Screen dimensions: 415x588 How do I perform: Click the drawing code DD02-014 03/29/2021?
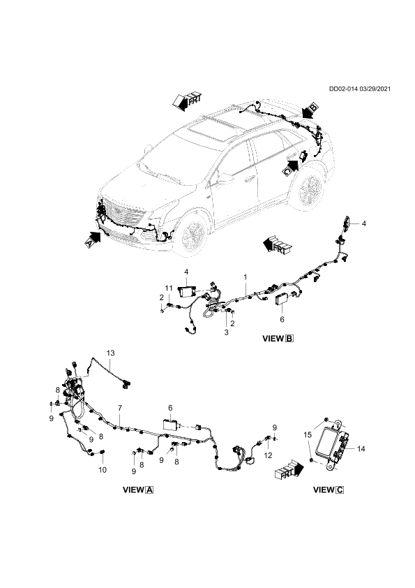click(360, 89)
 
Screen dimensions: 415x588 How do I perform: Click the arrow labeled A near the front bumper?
click(93, 239)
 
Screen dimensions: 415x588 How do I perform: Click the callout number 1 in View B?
click(246, 277)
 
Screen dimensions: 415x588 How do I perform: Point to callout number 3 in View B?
click(226, 332)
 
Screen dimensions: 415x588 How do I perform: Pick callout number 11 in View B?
click(169, 288)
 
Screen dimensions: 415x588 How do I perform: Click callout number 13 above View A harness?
click(110, 353)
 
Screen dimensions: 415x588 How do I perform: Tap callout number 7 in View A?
click(120, 408)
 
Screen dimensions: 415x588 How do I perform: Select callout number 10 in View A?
click(103, 469)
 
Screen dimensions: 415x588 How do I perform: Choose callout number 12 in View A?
click(268, 455)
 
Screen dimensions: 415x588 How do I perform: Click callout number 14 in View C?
click(361, 448)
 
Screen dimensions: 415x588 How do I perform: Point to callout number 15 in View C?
click(307, 435)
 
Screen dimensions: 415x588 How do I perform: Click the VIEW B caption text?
click(278, 339)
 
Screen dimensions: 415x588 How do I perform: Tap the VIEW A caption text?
click(138, 490)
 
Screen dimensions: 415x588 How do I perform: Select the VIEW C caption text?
click(329, 490)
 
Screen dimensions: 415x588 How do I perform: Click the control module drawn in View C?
click(333, 443)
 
